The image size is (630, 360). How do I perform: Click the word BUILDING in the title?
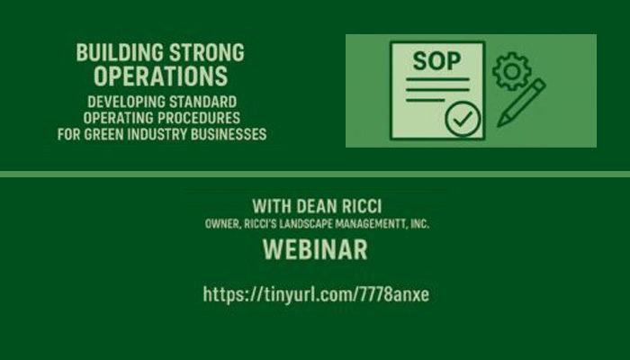(x=120, y=52)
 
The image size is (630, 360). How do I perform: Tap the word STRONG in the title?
(x=207, y=52)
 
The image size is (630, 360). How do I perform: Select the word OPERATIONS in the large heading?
(x=161, y=76)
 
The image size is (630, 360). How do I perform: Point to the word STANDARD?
(x=202, y=102)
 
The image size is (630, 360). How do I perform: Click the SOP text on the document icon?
(x=436, y=61)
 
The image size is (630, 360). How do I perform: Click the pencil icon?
(x=521, y=103)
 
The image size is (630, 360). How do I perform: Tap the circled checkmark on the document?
(x=463, y=119)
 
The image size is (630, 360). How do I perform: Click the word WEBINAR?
(x=315, y=249)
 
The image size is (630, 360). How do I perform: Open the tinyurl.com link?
(x=316, y=294)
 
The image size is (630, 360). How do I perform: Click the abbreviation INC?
(x=420, y=224)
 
